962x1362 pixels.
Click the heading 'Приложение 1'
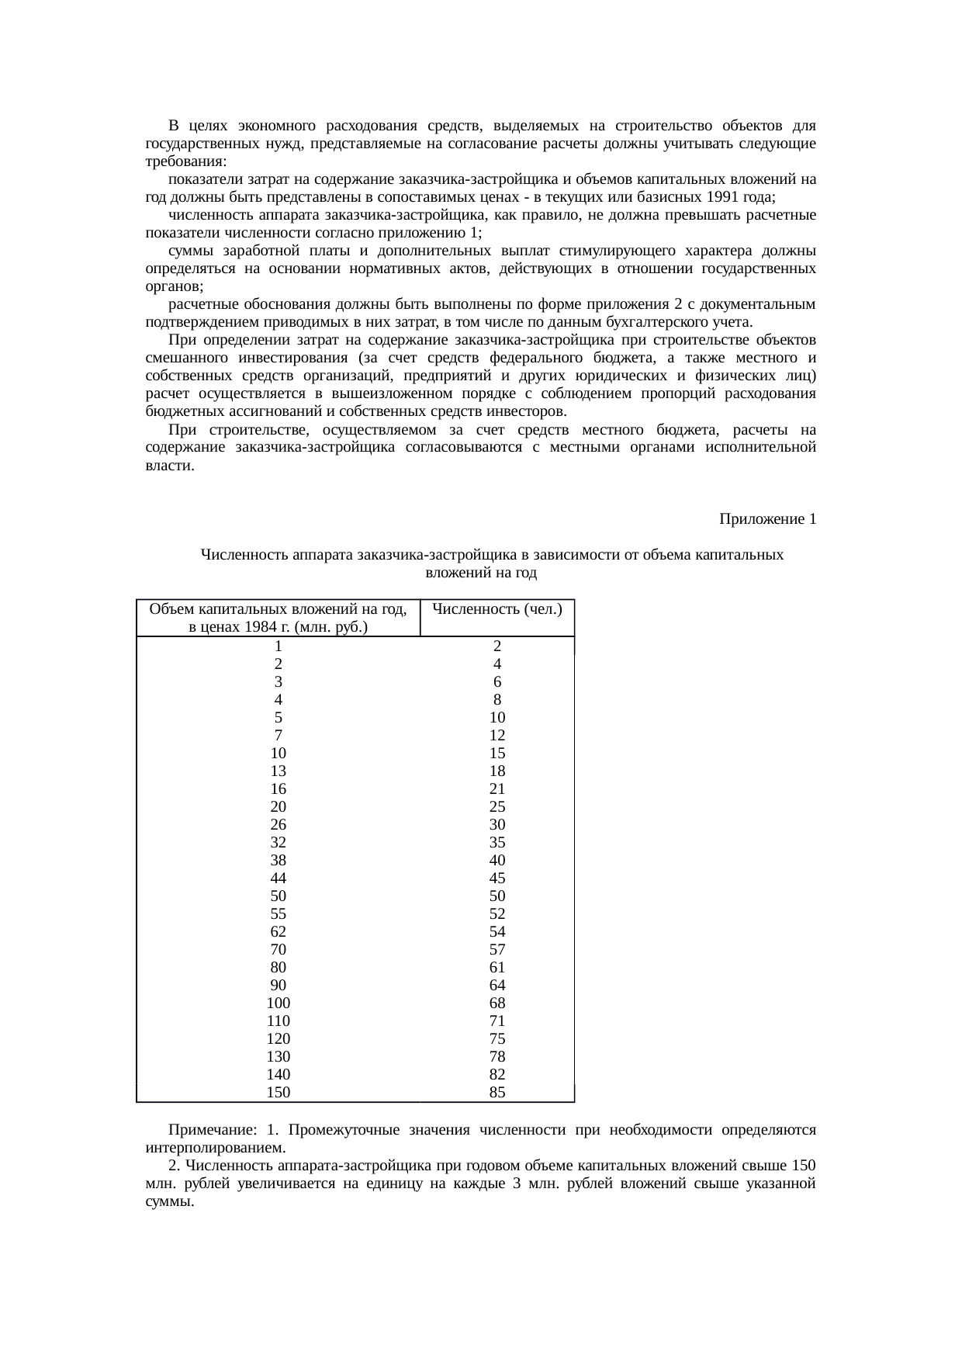click(x=767, y=519)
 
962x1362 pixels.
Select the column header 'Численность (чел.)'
click(x=497, y=609)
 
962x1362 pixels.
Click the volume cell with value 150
click(x=279, y=1093)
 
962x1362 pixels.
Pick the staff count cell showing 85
click(x=497, y=1093)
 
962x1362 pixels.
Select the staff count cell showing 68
click(x=497, y=1003)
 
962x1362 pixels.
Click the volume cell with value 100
click(x=279, y=1003)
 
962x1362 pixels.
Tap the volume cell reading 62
click(x=279, y=932)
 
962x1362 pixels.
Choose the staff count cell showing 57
click(x=497, y=950)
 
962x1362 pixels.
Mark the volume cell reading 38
click(x=279, y=861)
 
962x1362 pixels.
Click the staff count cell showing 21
click(x=497, y=789)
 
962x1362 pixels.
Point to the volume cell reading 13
click(x=279, y=771)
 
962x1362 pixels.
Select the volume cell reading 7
click(x=279, y=736)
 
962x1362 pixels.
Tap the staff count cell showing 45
click(x=497, y=879)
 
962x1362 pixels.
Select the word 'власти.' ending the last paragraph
click(x=169, y=466)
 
